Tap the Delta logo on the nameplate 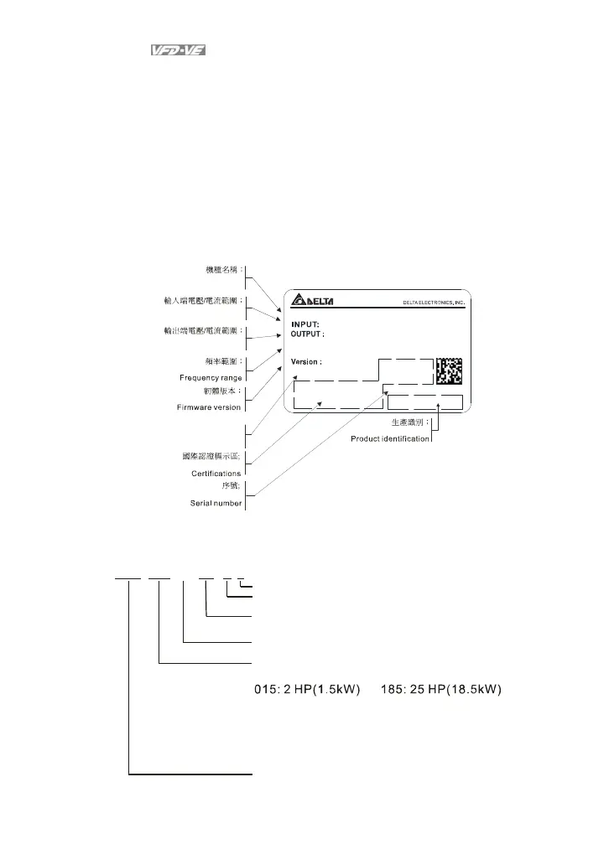click(314, 303)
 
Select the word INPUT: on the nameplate click(306, 324)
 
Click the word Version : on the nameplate click(307, 362)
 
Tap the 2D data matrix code click(449, 371)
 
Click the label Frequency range click(211, 377)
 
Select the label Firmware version click(210, 407)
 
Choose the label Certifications click(216, 474)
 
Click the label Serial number click(213, 503)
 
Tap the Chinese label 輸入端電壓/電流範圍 click(204, 300)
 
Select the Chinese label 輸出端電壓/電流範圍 click(204, 330)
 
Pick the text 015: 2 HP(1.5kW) click(307, 690)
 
